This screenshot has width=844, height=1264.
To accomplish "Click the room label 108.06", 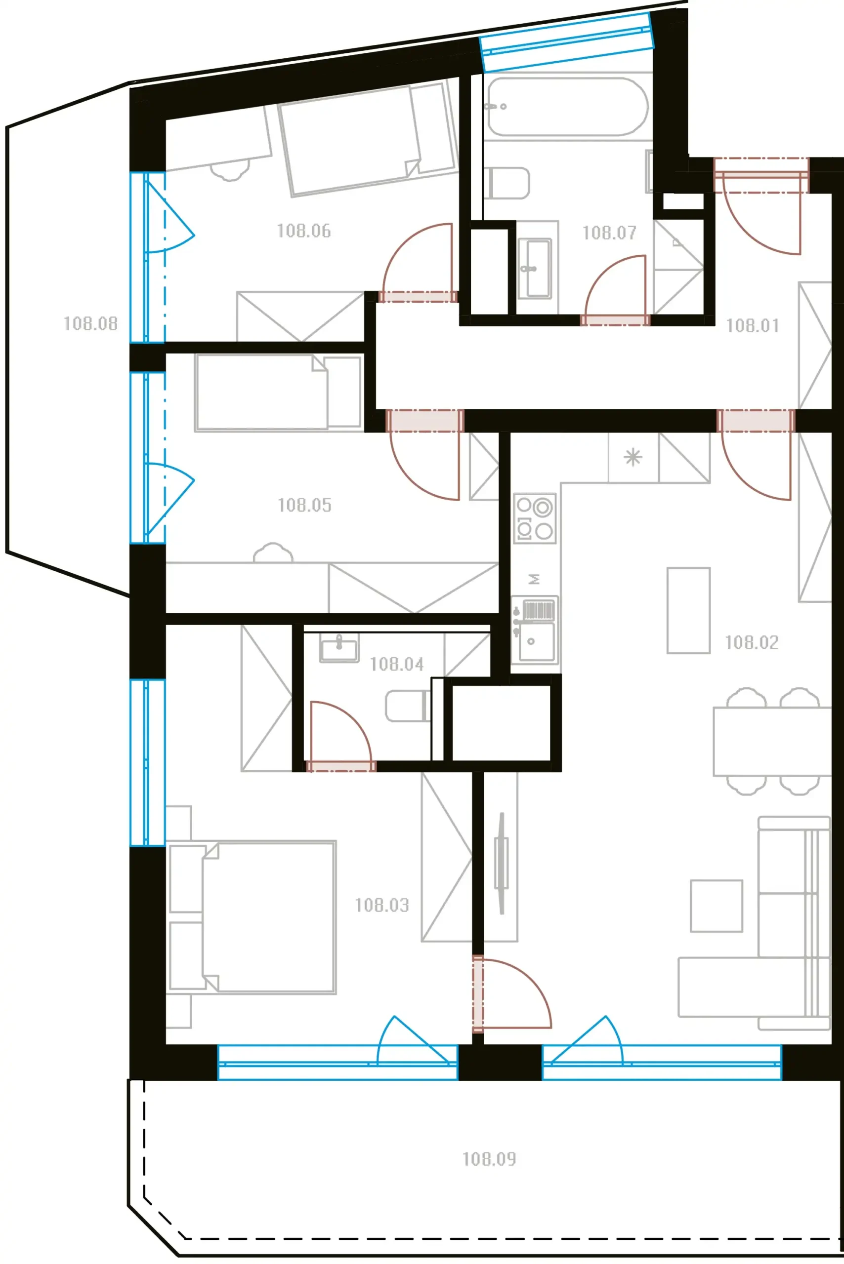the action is point(303,231).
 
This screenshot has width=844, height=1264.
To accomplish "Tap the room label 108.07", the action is point(609,233).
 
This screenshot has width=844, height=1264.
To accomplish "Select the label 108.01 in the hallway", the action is point(753,325).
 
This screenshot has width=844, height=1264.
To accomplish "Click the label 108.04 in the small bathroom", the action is point(397,664).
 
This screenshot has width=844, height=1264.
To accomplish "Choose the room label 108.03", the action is point(381,905).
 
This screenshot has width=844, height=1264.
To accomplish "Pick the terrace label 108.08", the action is point(90,323).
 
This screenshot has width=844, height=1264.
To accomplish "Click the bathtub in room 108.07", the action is point(568,106).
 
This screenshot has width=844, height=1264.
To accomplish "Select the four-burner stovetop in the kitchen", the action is point(535,518).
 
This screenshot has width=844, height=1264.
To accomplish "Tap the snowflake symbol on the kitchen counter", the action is point(633,457).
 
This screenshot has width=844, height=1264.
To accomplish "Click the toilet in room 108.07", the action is point(506,182).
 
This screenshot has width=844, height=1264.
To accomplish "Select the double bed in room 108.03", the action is point(253,916).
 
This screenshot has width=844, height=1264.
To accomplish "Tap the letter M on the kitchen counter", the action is point(534,579).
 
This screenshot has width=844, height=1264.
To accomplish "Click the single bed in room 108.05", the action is point(278,392).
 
